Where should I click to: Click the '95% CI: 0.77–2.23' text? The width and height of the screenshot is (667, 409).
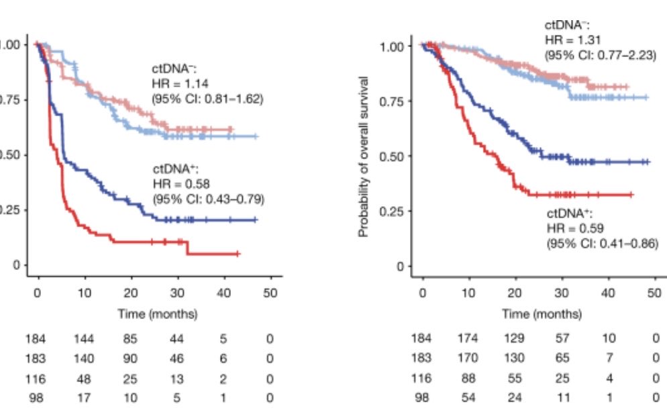point(601,56)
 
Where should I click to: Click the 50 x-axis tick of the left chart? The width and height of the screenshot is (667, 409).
point(269,294)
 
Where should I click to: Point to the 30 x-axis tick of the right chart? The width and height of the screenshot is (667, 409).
point(562,294)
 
